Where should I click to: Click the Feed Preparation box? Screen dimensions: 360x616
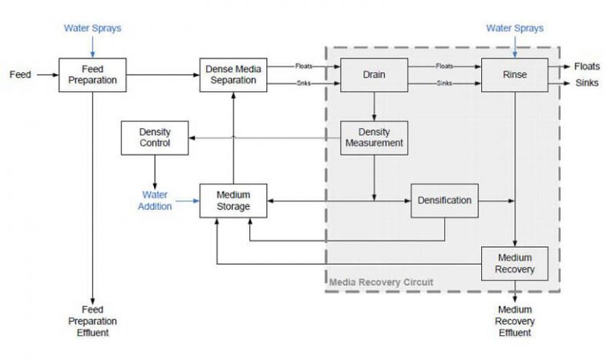click(92, 75)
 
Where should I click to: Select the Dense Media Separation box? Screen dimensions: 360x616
click(233, 75)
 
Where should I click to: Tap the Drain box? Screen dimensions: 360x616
click(374, 75)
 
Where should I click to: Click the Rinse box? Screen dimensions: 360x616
click(514, 75)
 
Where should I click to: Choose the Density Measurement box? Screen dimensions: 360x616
click(374, 138)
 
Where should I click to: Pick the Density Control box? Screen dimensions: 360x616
click(154, 138)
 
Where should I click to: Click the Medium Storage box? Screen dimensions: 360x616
click(233, 200)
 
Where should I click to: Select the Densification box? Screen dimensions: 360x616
click(444, 200)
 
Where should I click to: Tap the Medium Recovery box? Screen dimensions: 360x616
click(514, 264)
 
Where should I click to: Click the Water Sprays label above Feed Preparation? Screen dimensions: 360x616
click(92, 29)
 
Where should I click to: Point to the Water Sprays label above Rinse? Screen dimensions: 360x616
click(514, 29)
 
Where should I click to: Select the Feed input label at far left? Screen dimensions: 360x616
click(20, 75)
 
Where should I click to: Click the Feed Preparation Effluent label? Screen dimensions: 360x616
click(92, 321)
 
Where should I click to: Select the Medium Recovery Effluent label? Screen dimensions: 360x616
click(514, 321)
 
